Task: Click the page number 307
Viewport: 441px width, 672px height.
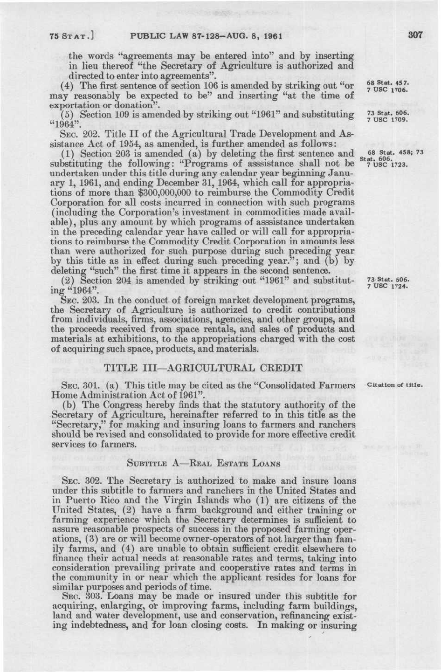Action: click(414, 35)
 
